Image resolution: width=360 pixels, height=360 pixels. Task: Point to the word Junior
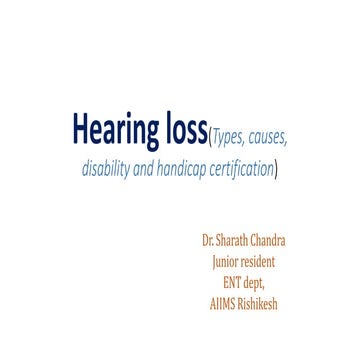(x=225, y=262)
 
